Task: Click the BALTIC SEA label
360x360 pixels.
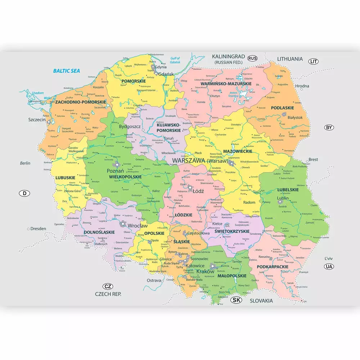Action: click(67, 71)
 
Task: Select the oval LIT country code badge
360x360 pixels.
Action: click(314, 62)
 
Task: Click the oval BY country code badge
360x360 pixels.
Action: click(329, 127)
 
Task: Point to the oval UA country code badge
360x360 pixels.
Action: click(329, 266)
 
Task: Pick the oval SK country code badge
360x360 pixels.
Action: click(236, 300)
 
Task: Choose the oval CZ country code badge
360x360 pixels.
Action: click(107, 287)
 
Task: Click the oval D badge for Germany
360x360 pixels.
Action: click(24, 193)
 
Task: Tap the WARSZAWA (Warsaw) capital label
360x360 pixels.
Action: click(201, 161)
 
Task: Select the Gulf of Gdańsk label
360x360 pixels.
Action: click(175, 60)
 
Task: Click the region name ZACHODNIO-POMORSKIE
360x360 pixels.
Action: click(81, 102)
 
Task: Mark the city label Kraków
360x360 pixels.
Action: click(205, 271)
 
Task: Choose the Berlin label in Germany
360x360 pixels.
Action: click(25, 163)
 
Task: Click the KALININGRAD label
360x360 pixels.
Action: click(228, 57)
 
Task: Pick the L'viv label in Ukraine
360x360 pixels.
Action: click(329, 258)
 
